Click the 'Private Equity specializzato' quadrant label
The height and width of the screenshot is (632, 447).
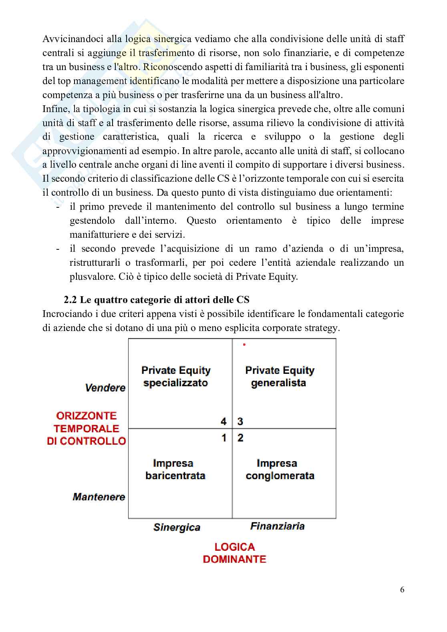tap(176, 377)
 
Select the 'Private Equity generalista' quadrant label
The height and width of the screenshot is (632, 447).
tap(280, 377)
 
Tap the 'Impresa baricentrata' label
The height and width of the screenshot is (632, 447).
tap(175, 469)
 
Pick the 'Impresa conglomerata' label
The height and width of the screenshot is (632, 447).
tap(280, 469)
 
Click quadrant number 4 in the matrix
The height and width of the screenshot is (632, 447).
tap(223, 421)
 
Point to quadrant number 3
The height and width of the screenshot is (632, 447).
tap(240, 421)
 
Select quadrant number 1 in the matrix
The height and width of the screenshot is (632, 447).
tap(224, 438)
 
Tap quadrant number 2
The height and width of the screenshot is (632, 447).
tap(240, 438)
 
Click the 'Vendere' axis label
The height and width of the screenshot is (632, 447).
tap(105, 388)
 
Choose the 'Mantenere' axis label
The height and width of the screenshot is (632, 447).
tap(99, 497)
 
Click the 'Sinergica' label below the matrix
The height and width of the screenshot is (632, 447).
tap(177, 527)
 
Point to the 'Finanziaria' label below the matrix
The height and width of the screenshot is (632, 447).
tap(277, 526)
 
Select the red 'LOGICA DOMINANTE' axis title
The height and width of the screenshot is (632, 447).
tap(234, 553)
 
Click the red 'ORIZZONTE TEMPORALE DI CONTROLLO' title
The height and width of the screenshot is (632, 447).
tap(87, 428)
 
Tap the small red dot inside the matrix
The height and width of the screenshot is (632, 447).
tap(244, 344)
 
